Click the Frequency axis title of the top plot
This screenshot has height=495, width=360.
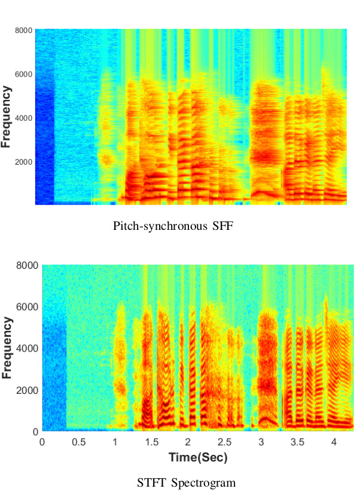7,117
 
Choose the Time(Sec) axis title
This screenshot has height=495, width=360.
189,457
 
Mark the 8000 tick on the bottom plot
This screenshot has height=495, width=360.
28,265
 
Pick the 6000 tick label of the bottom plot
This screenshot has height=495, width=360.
28,307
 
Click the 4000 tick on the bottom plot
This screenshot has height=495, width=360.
28,348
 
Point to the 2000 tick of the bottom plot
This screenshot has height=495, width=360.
28,390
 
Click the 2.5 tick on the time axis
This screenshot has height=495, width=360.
225,442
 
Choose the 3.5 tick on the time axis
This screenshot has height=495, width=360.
298,442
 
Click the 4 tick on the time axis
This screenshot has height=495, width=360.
334,442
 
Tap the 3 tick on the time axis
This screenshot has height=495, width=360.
261,442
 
